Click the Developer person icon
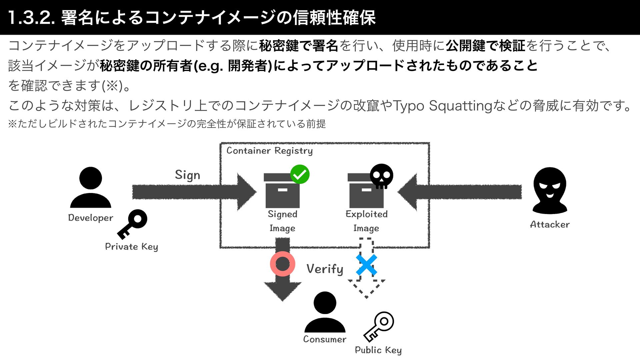[90, 187]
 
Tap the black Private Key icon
[132, 224]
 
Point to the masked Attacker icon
[550, 191]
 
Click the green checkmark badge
[300, 174]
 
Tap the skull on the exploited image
[382, 176]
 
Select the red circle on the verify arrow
[283, 264]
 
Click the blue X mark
[366, 265]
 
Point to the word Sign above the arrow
[187, 175]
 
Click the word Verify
[325, 269]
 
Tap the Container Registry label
[269, 151]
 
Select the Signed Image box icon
[282, 191]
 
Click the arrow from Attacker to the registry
[460, 192]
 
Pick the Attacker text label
[550, 224]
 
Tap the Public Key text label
[378, 350]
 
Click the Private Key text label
[131, 247]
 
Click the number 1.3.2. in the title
[31, 18]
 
